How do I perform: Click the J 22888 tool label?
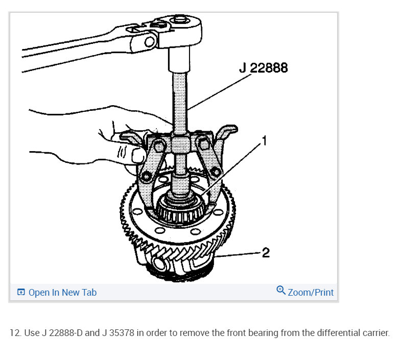point(264,68)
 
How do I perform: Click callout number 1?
point(265,141)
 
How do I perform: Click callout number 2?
point(266,252)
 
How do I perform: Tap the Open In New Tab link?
point(62,292)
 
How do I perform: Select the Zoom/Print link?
point(311,292)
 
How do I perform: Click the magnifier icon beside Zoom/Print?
point(281,290)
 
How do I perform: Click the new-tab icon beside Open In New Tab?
point(21,292)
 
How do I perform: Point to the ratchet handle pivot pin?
point(150,42)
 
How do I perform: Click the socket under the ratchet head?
point(179,60)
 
